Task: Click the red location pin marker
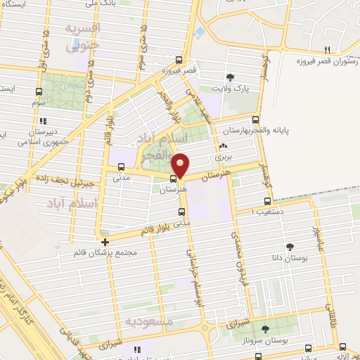(181, 165)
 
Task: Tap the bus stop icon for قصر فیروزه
(179, 60)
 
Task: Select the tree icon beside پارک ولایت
(230, 77)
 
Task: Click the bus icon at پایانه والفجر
(255, 120)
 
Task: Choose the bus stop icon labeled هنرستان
(174, 178)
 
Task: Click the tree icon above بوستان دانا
(289, 245)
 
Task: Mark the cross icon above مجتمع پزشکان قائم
(105, 242)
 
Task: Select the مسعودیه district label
(148, 321)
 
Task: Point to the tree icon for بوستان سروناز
(266, 328)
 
